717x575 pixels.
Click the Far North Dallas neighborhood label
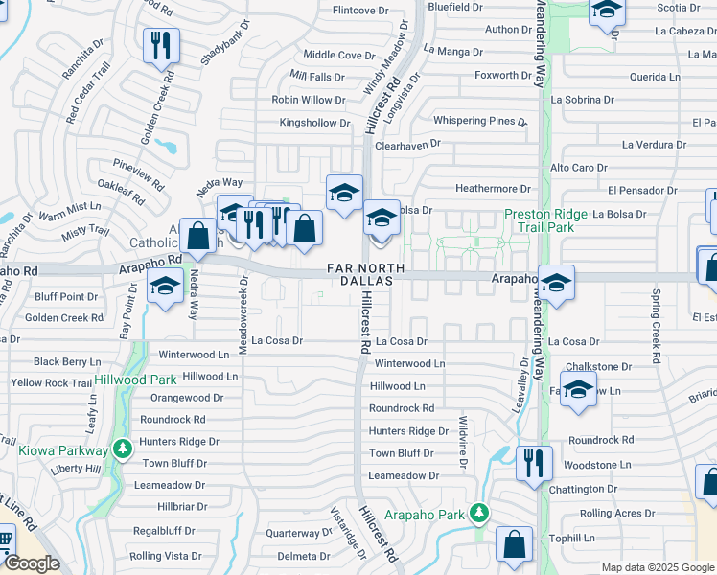[360, 274]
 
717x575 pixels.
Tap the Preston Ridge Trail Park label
[539, 220]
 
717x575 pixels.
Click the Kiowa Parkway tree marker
[121, 448]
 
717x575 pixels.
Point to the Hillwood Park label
[134, 380]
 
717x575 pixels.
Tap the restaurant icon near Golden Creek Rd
[161, 45]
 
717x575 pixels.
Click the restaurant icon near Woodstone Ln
[534, 463]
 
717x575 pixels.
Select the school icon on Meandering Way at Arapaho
[556, 283]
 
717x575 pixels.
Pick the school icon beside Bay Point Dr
[165, 287]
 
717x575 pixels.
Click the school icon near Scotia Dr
[607, 11]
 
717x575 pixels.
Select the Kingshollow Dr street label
[314, 123]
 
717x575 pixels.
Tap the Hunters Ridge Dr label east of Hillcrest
[408, 431]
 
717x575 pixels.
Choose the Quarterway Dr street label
[299, 533]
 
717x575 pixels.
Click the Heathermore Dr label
[493, 190]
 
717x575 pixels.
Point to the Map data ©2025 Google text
[658, 567]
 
